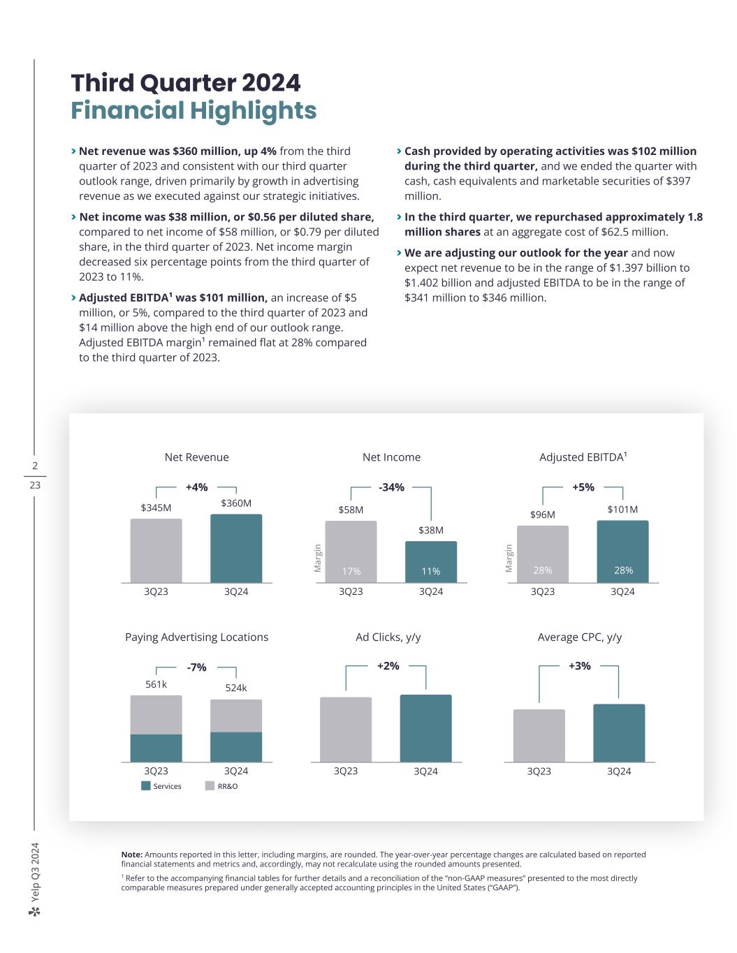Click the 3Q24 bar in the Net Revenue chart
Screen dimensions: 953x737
pos(236,548)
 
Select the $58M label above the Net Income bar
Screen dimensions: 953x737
pos(351,510)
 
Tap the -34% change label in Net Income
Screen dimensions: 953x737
pos(391,487)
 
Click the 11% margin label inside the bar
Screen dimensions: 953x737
pos(431,571)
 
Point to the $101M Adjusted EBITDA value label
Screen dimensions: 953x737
pos(622,510)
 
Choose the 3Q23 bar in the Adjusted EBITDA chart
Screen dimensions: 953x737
pos(543,554)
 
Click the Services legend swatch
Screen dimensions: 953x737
pos(146,786)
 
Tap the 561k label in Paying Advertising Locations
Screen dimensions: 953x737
pos(156,684)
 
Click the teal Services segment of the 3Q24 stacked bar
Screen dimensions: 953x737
pos(236,747)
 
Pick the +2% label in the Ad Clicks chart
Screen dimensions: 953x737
pos(388,666)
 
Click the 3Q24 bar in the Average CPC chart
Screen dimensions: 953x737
pos(619,733)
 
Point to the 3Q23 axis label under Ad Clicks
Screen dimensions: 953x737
pos(346,771)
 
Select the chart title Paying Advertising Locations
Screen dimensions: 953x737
pos(196,637)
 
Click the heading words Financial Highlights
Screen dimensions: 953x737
pos(194,111)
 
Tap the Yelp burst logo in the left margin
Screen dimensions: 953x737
pos(35,912)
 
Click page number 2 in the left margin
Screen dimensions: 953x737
pos(35,466)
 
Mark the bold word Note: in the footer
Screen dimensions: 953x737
pos(132,855)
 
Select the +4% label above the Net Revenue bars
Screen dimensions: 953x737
pos(196,487)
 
